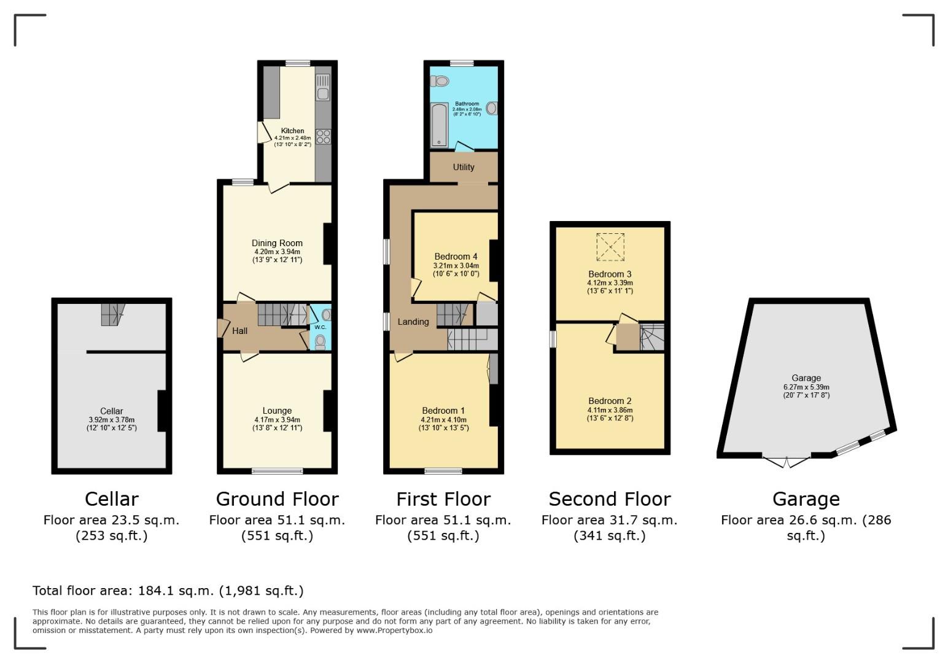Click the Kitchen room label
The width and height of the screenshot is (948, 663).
292,131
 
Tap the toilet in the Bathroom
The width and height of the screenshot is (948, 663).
440,81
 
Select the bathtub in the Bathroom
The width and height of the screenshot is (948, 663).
439,125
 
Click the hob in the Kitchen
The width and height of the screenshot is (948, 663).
323,136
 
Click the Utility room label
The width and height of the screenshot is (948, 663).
464,167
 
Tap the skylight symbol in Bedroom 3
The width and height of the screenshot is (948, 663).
610,247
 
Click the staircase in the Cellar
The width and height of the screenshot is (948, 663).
112,314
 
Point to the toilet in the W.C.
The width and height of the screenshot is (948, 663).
321,342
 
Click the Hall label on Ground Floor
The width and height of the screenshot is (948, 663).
239,331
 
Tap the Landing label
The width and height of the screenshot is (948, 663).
413,322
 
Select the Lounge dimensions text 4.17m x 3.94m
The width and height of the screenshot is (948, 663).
277,420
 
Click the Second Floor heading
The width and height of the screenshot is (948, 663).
609,498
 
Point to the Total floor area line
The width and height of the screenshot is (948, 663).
168,591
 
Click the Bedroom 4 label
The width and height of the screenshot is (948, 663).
456,257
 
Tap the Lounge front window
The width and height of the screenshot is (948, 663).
277,471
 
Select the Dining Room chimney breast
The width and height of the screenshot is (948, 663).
328,244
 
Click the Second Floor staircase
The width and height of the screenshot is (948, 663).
652,338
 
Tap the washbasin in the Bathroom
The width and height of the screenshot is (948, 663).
491,109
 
